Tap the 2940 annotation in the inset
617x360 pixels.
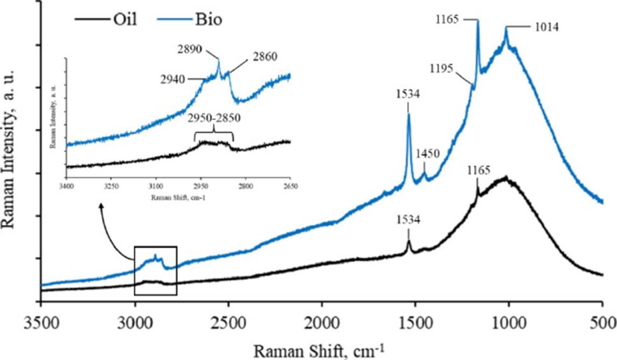pos(172,79)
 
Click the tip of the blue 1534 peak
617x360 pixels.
pos(408,114)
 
